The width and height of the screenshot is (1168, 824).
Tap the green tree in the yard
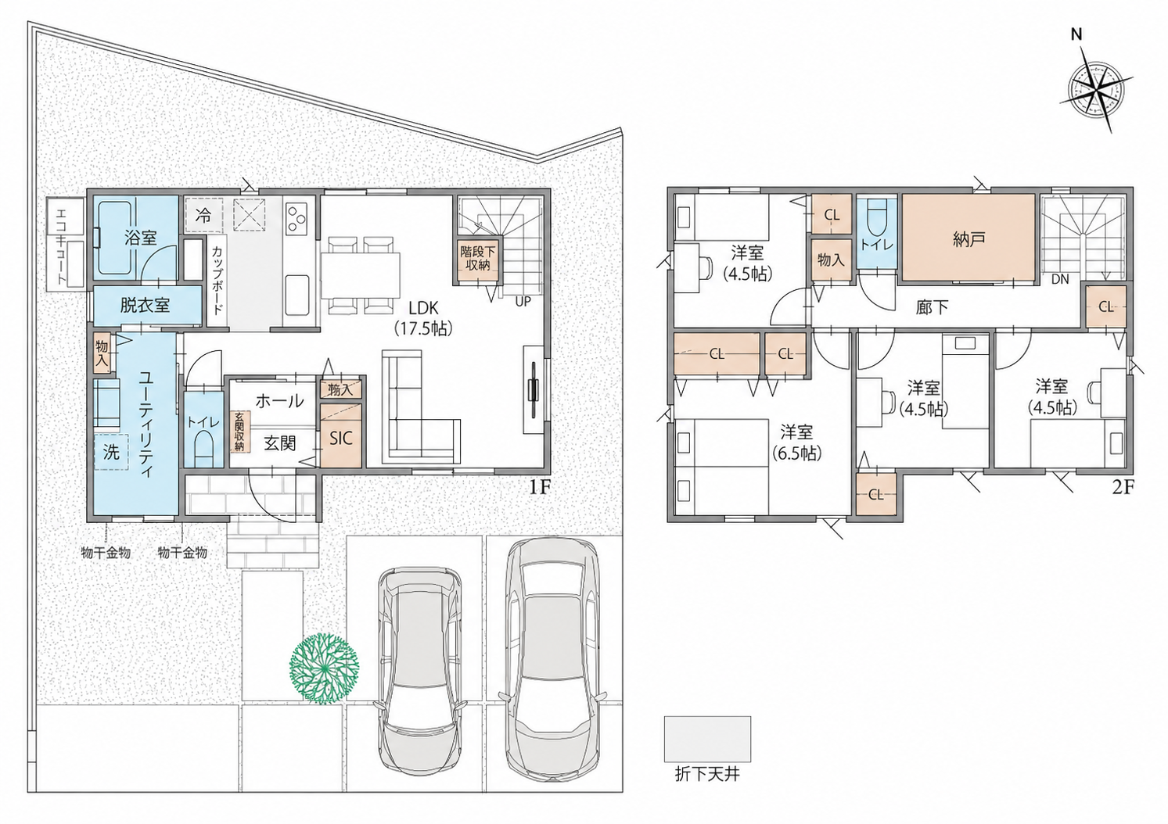pos(325,668)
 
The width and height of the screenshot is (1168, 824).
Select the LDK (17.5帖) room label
pos(423,317)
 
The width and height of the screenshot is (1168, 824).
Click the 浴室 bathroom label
pos(140,238)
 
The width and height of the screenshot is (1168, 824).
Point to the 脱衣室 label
pos(145,305)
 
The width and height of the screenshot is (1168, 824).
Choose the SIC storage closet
pos(341,435)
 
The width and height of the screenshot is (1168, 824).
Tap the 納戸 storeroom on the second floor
pos(969,238)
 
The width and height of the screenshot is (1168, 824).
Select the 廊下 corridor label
pos(933,307)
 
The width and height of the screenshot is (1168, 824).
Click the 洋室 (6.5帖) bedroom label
pos(796,442)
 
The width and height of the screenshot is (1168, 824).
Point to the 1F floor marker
pos(541,487)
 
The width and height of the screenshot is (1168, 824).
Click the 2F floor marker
pos(1123,487)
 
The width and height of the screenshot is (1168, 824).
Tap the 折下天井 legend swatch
pos(707,739)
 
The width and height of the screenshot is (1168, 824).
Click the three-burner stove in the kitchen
pos(297,219)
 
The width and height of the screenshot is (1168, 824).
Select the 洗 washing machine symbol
pos(111,453)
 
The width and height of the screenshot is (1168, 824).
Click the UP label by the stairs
pos(523,302)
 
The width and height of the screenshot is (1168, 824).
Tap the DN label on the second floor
pos(1060,279)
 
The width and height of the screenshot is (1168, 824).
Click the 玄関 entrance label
pos(281,443)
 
